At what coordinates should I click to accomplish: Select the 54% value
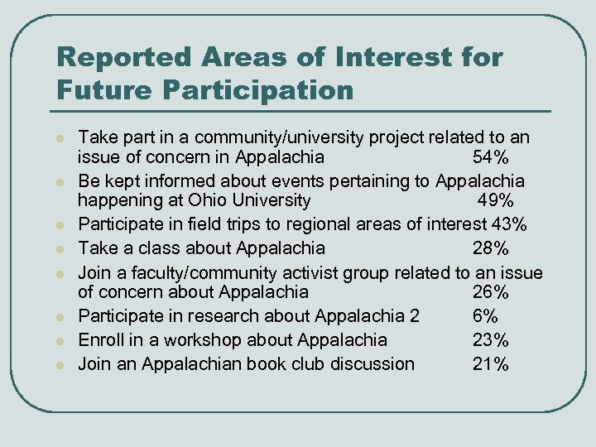point(491,157)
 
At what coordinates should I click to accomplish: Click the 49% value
point(495,202)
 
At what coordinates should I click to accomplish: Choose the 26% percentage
point(491,292)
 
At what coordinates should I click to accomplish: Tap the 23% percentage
point(491,339)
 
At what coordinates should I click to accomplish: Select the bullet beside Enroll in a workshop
point(60,341)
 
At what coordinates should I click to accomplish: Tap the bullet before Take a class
point(60,248)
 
